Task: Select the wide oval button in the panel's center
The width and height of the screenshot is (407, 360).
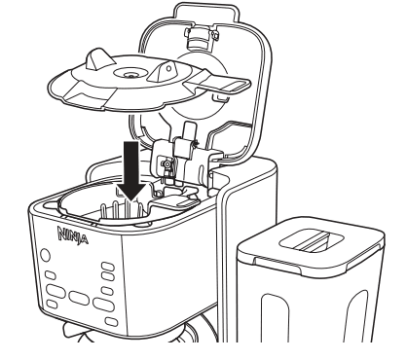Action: tap(79, 298)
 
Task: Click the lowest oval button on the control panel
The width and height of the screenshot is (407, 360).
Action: tap(111, 322)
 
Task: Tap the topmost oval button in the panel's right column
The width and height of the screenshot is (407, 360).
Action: tap(108, 267)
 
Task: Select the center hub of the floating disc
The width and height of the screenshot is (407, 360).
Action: tap(130, 74)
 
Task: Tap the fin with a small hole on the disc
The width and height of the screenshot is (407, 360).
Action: tap(162, 72)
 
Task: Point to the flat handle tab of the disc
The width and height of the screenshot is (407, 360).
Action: tap(217, 85)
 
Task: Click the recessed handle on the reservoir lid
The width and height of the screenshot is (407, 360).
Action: tap(312, 240)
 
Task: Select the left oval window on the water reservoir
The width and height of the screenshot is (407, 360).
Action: tap(275, 318)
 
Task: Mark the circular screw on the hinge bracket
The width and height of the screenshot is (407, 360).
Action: tap(166, 164)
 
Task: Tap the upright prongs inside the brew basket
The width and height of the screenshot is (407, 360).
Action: tap(121, 210)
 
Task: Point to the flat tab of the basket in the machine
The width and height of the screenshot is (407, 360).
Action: tap(177, 200)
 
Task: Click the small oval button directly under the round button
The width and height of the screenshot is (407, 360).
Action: tap(50, 275)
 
